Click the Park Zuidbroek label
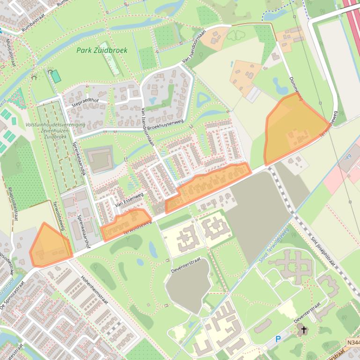102,50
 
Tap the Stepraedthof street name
86,102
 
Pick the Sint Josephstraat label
323,253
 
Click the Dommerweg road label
295,89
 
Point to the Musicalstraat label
10,51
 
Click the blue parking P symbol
279,338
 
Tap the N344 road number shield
353,343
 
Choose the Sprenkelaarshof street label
84,227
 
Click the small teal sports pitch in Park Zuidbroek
56,76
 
